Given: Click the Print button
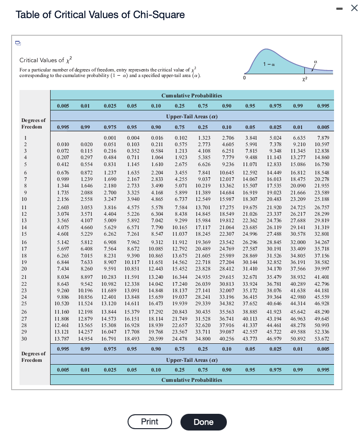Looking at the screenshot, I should (149, 422).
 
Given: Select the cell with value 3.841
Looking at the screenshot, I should (251, 138).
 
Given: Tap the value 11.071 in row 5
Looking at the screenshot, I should (251, 164).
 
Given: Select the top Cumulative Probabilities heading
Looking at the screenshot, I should (192, 96).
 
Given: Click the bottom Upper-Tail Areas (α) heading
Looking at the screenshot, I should (192, 360).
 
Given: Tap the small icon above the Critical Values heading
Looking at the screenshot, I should (18, 43).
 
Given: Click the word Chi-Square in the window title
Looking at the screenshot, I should (159, 14).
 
